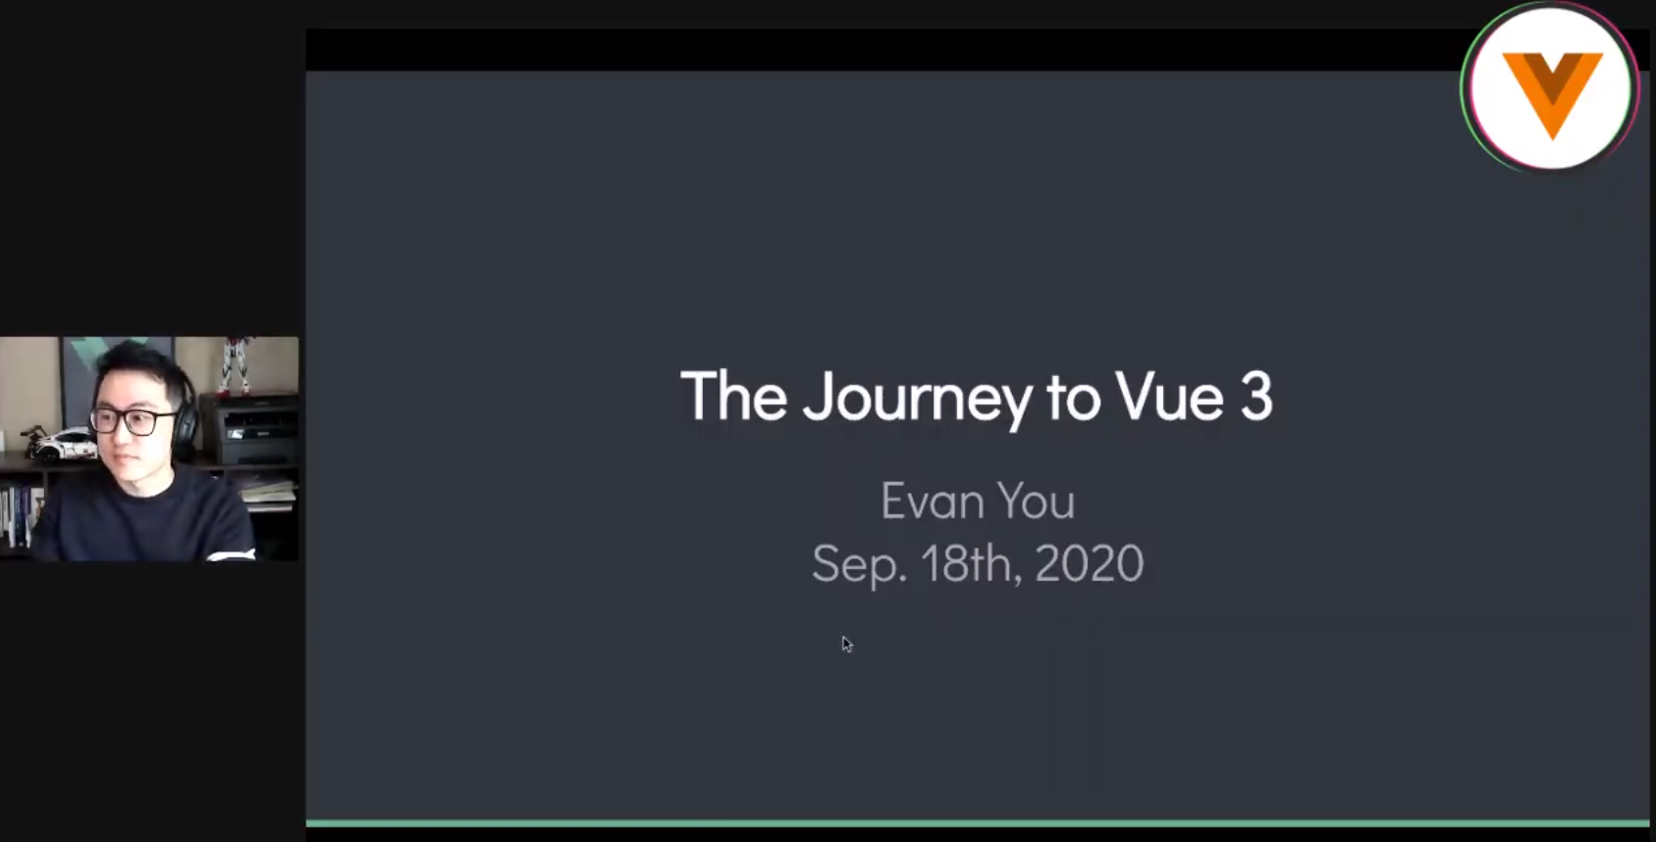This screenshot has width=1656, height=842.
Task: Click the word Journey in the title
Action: tap(917, 397)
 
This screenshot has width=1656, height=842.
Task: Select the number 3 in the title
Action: tap(1256, 396)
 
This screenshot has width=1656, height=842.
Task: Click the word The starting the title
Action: tap(733, 396)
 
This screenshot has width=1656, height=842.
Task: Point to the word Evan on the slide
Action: tap(932, 501)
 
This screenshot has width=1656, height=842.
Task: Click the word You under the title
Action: tap(1036, 501)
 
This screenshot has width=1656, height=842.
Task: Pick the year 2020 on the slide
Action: tap(1089, 563)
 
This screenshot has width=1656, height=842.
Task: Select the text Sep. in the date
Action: tap(859, 564)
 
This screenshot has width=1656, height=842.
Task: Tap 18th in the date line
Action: tap(966, 563)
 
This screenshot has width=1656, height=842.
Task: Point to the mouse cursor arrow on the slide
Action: tap(846, 644)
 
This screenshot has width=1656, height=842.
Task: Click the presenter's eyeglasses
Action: tap(134, 421)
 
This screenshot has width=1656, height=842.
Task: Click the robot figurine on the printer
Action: tap(234, 364)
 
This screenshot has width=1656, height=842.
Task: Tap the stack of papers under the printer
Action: tap(267, 491)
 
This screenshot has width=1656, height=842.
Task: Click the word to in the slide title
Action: tap(1072, 397)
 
